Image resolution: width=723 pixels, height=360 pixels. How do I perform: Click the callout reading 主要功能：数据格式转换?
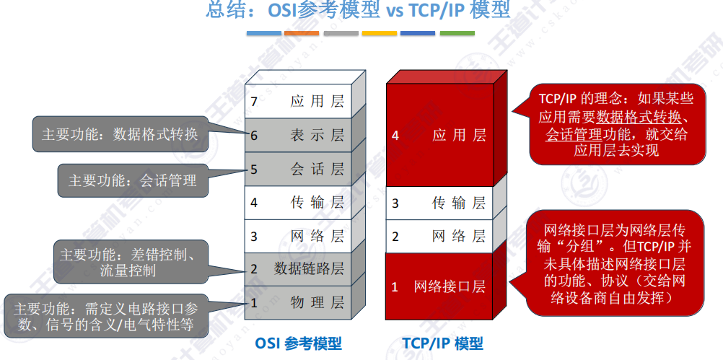pos(120,134)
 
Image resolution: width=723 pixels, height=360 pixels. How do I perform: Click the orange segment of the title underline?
pos(302,33)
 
